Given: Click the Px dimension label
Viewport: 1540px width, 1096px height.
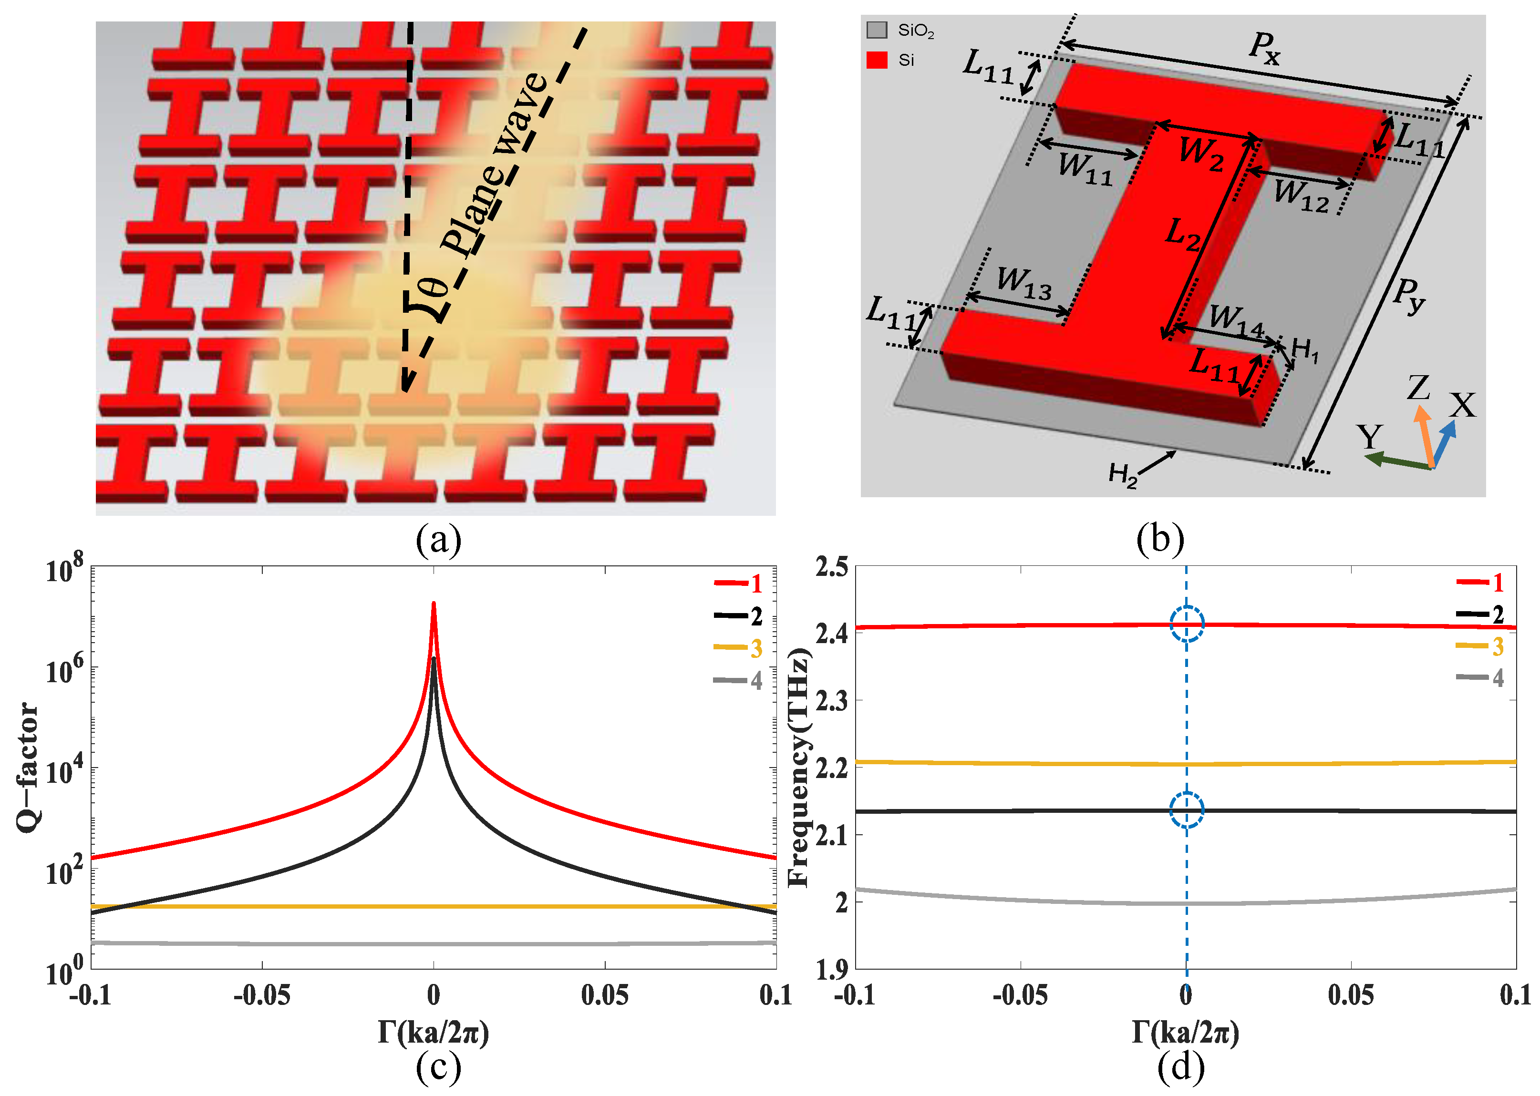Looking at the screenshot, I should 1264,48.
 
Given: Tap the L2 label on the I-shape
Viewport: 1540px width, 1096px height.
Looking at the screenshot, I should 1183,236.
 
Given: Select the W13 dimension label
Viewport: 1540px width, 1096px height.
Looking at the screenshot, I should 1023,283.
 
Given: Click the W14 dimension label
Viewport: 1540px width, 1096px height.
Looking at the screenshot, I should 1236,321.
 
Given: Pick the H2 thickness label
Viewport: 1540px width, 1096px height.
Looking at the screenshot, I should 1122,474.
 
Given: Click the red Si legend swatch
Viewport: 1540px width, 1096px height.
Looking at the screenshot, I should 876,60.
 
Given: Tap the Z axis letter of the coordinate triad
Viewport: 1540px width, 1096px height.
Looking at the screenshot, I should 1418,388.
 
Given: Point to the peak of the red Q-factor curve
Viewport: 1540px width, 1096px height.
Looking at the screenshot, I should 434,604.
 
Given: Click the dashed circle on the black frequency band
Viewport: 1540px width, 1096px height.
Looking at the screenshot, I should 1186,810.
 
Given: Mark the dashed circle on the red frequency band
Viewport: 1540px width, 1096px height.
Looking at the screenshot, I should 1186,624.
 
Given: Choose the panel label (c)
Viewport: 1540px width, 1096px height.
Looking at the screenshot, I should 438,1067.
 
